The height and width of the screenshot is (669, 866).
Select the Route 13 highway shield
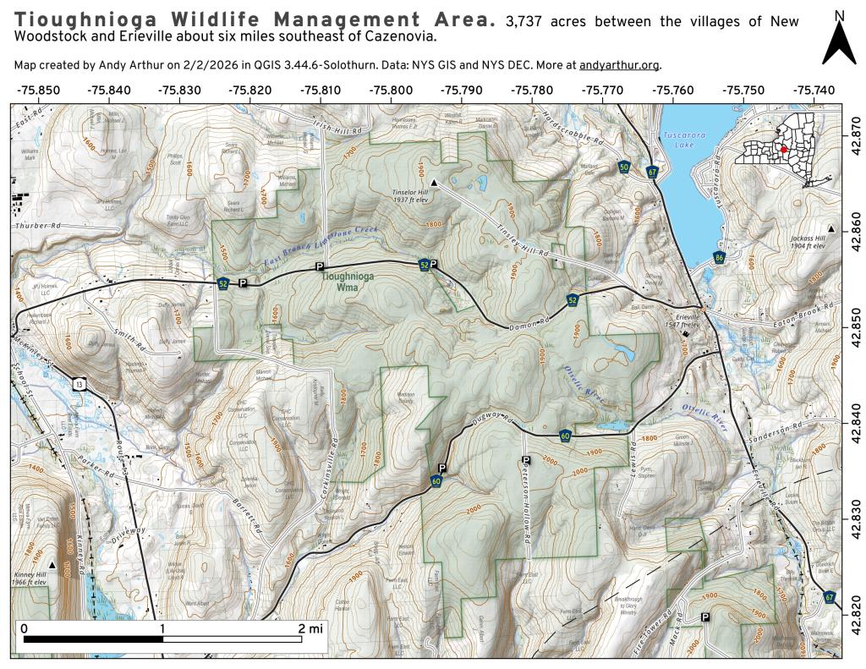point(78,385)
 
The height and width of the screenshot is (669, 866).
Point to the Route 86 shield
point(719,257)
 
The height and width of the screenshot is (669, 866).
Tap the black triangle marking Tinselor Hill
point(434,182)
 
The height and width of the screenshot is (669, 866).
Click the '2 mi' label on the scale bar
point(310,628)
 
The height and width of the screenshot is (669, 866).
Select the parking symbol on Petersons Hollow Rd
point(526,460)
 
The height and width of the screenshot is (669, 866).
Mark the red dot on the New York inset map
point(783,149)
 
